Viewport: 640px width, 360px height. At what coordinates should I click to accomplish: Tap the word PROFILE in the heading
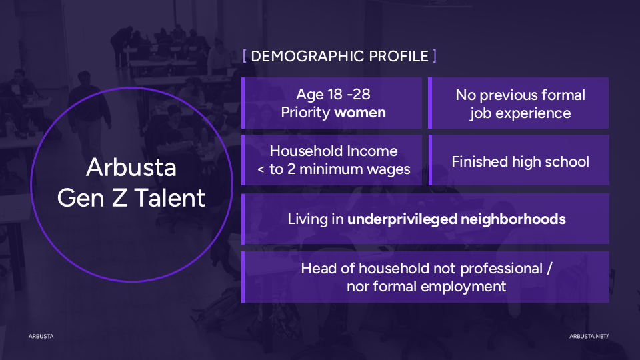coord(399,56)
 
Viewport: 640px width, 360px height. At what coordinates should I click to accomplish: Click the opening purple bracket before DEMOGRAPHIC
coord(245,56)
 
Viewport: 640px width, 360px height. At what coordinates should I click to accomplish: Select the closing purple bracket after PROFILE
coord(434,56)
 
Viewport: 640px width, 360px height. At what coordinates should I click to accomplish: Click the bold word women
coord(359,113)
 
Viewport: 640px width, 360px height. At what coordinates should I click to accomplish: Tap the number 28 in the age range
coord(361,94)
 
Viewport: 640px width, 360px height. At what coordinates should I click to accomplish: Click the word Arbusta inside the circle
coord(131,167)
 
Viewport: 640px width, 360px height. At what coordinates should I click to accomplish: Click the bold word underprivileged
coord(402,219)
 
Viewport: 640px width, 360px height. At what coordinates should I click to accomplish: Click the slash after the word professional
coord(549,269)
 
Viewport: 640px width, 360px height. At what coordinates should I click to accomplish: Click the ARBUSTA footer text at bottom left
coord(41,336)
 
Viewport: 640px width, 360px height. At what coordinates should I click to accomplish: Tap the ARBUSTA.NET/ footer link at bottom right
coord(589,336)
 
